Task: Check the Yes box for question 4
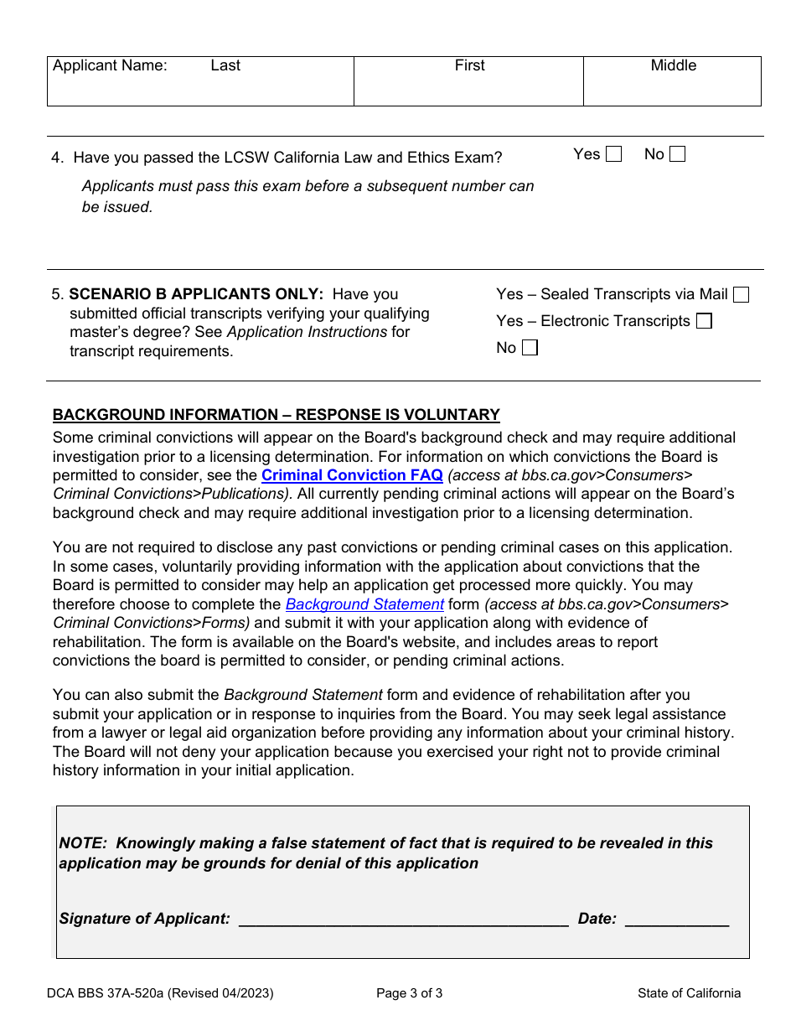pyautogui.click(x=613, y=154)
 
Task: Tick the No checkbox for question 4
pyautogui.click(x=677, y=154)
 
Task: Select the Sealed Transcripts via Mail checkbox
pyautogui.click(x=741, y=294)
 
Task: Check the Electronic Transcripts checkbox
pyautogui.click(x=704, y=321)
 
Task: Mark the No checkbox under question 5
pyautogui.click(x=530, y=348)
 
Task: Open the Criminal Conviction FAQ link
pyautogui.click(x=352, y=475)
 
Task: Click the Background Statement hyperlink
pyautogui.click(x=364, y=604)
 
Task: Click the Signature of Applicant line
pyautogui.click(x=403, y=919)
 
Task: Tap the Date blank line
pyautogui.click(x=677, y=919)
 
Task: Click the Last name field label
pyautogui.click(x=225, y=65)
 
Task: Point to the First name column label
pyautogui.click(x=469, y=65)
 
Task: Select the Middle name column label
pyautogui.click(x=673, y=65)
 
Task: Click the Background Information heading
pyautogui.click(x=276, y=415)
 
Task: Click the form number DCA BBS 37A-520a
pyautogui.click(x=160, y=993)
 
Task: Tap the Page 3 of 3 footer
pyautogui.click(x=409, y=993)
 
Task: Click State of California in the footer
pyautogui.click(x=689, y=993)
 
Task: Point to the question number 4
pyautogui.click(x=56, y=158)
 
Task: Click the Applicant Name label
pyautogui.click(x=110, y=65)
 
